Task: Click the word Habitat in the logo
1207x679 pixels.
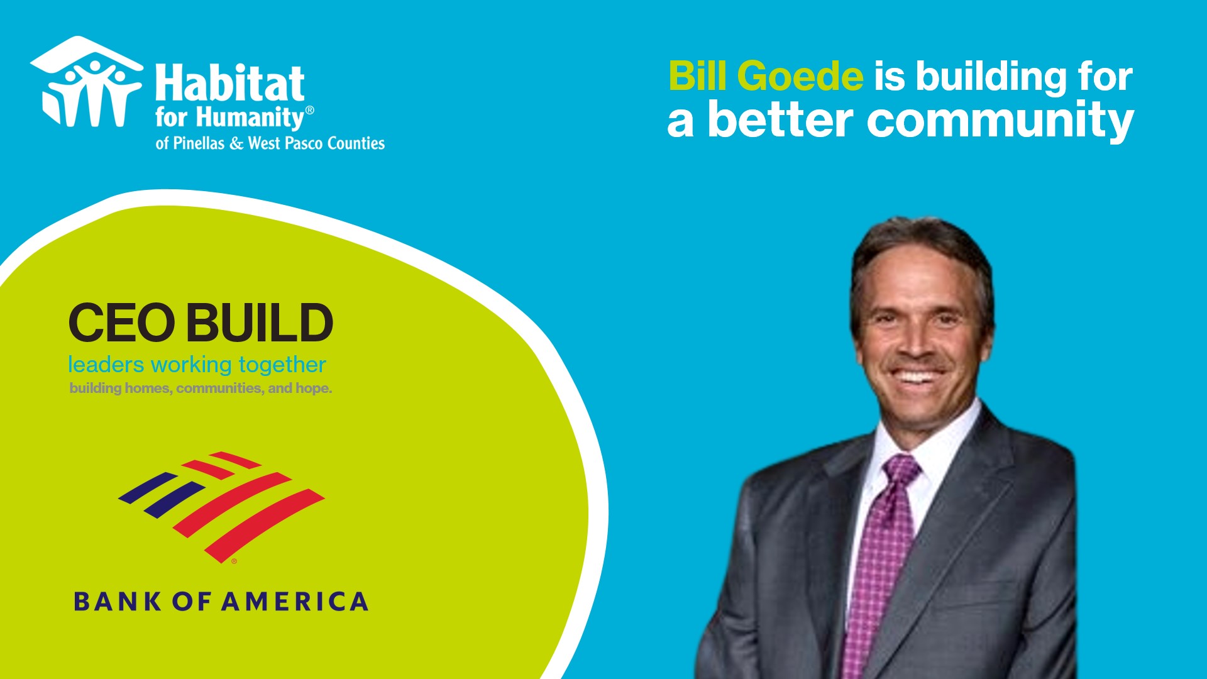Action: click(230, 82)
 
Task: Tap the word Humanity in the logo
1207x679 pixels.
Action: click(258, 118)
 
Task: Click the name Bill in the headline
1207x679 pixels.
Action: click(698, 76)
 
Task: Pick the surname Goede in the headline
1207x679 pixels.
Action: click(800, 76)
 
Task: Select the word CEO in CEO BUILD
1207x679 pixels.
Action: click(122, 323)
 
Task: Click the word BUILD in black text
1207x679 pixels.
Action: click(260, 323)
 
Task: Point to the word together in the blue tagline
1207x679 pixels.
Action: click(282, 365)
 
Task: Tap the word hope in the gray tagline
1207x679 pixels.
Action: click(313, 389)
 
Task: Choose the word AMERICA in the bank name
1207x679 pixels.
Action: click(295, 602)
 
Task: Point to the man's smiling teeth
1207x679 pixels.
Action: click(916, 377)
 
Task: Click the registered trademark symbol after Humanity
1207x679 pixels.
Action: click(309, 110)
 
